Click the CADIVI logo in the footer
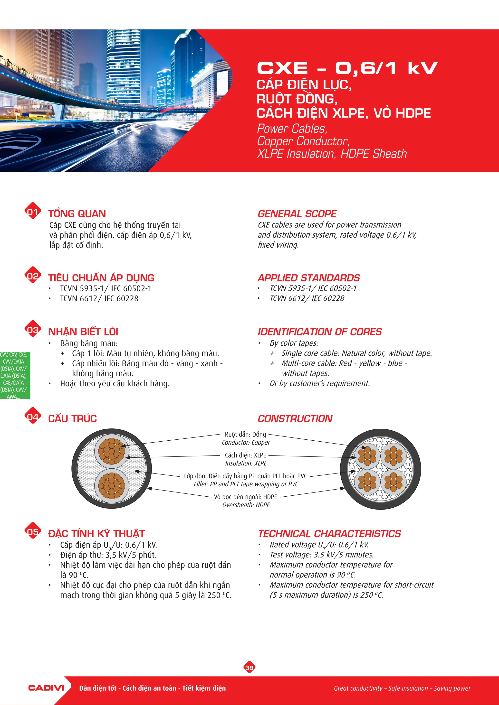tap(46, 688)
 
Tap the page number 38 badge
tap(249, 668)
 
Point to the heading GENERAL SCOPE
tap(297, 214)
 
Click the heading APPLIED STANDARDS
tap(308, 278)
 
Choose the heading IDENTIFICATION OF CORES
tap(320, 332)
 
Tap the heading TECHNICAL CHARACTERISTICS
tap(329, 534)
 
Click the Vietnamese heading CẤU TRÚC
tap(73, 418)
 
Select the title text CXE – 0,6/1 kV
tap(347, 68)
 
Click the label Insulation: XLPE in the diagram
tap(246, 463)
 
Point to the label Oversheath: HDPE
tap(246, 505)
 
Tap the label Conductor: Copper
tap(246, 443)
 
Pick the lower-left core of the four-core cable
tap(367, 481)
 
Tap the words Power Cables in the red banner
tap(292, 129)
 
